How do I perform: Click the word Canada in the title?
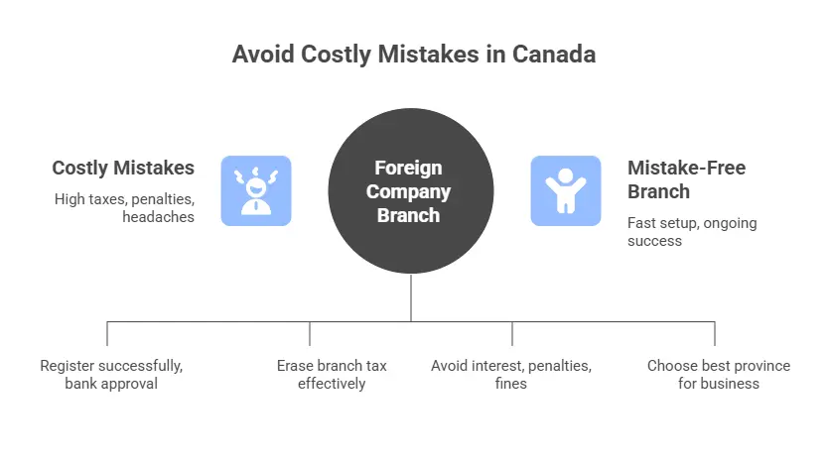554,54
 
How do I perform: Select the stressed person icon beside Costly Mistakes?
256,190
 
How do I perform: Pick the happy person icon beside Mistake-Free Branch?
566,190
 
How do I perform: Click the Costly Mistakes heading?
123,168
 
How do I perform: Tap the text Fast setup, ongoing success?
692,231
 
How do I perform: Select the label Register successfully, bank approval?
111,374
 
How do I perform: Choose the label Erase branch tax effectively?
332,374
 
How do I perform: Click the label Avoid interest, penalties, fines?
511,374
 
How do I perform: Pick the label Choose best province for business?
719,374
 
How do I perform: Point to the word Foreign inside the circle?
408,168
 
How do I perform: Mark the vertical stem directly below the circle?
411,297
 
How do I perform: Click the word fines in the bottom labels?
511,383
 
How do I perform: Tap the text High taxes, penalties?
124,199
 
